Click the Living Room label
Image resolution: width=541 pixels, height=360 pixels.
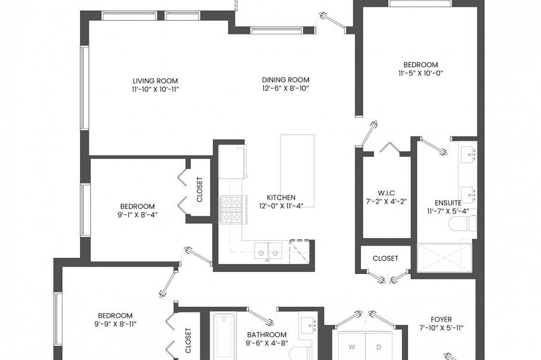pyautogui.click(x=155, y=81)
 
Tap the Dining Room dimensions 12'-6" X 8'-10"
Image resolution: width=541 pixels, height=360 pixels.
pyautogui.click(x=285, y=89)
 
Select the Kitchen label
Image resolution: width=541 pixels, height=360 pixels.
pyautogui.click(x=281, y=198)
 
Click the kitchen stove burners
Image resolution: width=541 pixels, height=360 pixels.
pyautogui.click(x=234, y=209)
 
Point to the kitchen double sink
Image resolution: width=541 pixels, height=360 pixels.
pyautogui.click(x=269, y=251)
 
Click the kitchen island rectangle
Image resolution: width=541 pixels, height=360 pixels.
pyautogui.click(x=297, y=171)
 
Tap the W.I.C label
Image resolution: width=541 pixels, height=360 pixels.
pyautogui.click(x=386, y=193)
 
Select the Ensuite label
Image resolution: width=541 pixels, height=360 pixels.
pyautogui.click(x=448, y=203)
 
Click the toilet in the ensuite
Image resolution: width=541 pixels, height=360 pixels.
pyautogui.click(x=463, y=223)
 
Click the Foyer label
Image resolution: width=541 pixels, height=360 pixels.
pyautogui.click(x=441, y=320)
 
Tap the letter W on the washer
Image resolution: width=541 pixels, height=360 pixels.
pyautogui.click(x=351, y=348)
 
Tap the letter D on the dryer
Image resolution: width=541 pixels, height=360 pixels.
pyautogui.click(x=379, y=348)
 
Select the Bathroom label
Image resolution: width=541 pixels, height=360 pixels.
pyautogui.click(x=267, y=335)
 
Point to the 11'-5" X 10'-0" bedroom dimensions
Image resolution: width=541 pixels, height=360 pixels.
pyautogui.click(x=420, y=73)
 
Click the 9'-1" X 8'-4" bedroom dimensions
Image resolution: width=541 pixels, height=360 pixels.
pyautogui.click(x=137, y=215)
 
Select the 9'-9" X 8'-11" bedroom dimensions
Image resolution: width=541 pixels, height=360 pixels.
pyautogui.click(x=115, y=324)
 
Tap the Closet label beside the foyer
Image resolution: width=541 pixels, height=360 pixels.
pyautogui.click(x=385, y=258)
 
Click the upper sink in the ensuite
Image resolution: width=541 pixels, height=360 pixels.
pyautogui.click(x=468, y=154)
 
